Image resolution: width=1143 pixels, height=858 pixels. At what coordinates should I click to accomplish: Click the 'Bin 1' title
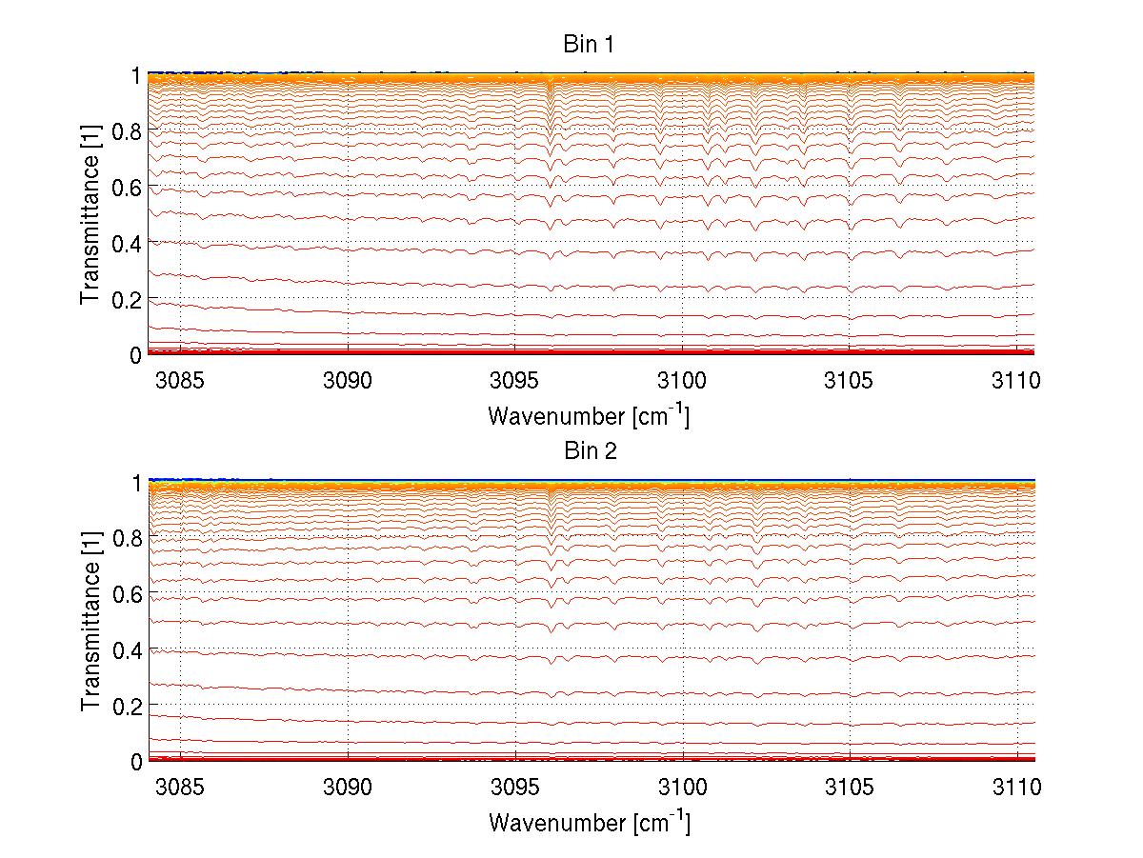tap(592, 45)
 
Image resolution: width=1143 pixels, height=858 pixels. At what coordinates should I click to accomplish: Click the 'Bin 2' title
tap(592, 451)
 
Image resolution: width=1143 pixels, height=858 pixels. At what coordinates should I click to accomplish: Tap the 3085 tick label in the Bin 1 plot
tap(180, 382)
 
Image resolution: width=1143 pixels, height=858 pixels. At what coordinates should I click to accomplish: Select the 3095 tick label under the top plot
tap(515, 382)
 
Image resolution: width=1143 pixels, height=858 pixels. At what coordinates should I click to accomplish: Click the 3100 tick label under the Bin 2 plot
tap(683, 789)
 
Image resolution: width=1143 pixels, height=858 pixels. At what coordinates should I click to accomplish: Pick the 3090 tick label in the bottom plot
tap(348, 789)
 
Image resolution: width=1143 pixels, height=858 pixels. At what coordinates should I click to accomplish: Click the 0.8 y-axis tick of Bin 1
tap(127, 130)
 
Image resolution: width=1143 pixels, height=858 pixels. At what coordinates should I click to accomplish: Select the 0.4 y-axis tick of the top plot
tap(127, 243)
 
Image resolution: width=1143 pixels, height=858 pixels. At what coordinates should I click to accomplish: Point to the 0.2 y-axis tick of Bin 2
tap(127, 706)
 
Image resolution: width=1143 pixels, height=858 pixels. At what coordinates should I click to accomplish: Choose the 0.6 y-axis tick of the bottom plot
tap(127, 593)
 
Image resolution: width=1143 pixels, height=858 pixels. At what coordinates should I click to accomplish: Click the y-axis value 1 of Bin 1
tap(136, 74)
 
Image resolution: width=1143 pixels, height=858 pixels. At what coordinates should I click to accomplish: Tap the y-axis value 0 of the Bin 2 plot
tap(136, 762)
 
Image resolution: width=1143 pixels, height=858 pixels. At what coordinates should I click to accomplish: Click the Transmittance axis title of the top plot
tap(90, 214)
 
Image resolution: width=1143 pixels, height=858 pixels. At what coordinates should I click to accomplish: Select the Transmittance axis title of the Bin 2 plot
tap(90, 621)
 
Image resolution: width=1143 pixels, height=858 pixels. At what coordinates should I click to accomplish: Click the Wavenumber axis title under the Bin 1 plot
tap(589, 415)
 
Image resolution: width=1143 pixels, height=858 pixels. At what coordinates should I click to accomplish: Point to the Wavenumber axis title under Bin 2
tap(589, 822)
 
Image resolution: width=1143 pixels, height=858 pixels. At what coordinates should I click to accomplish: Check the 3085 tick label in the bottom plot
tap(180, 789)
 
